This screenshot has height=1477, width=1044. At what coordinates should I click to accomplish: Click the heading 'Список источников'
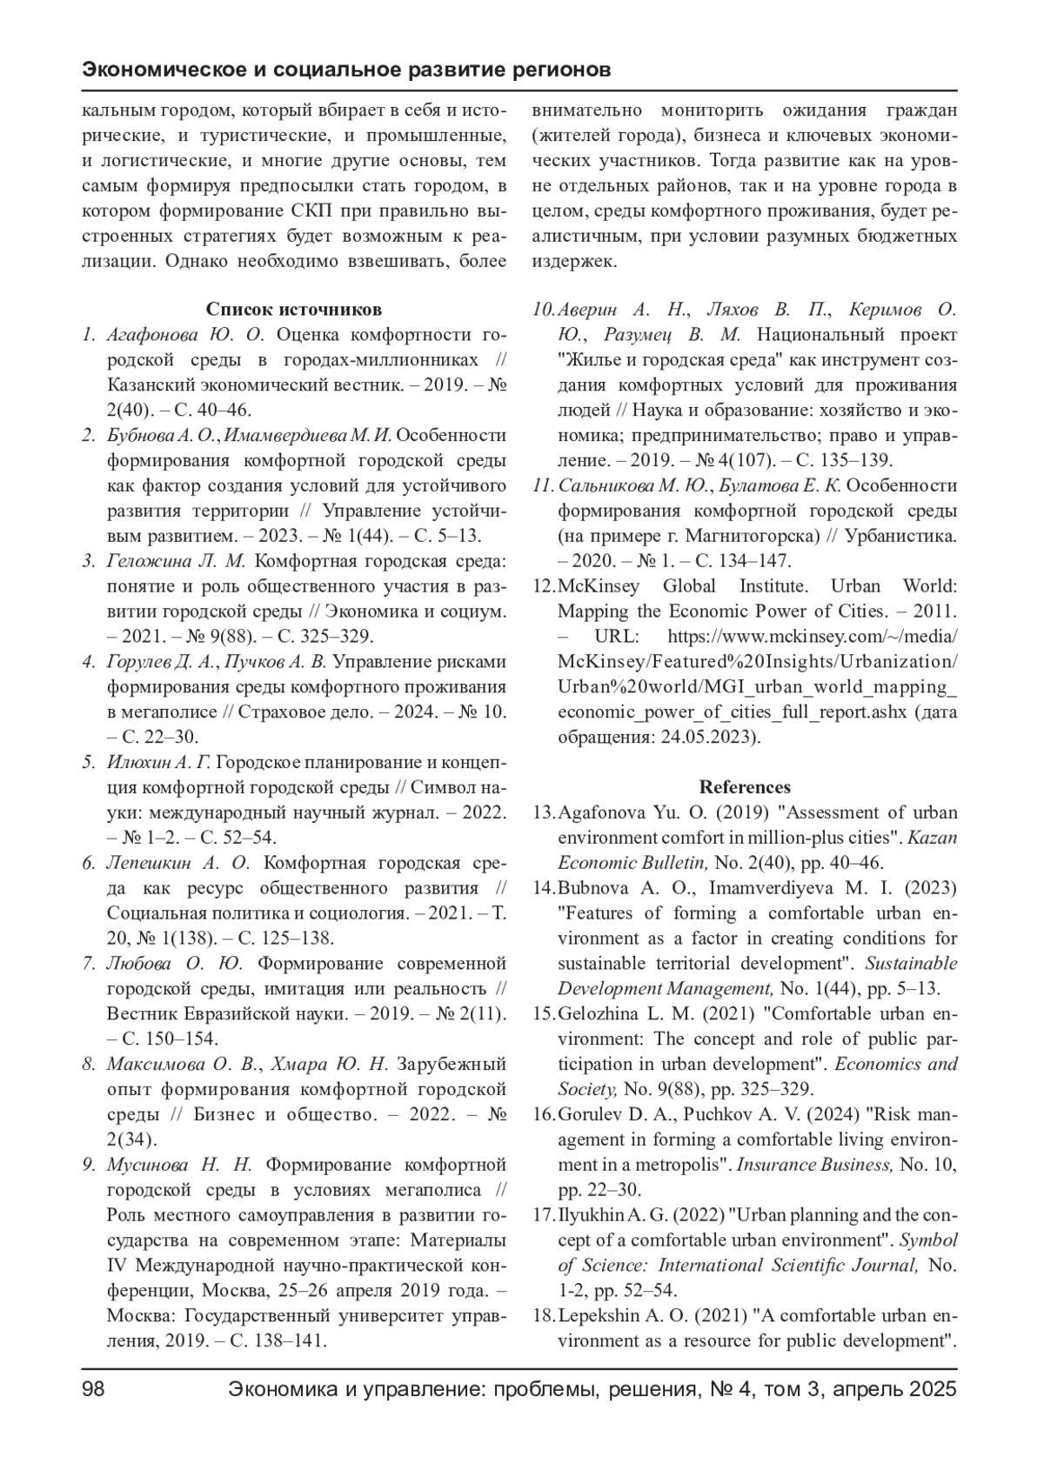tap(293, 310)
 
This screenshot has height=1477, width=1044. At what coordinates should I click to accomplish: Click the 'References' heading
tap(745, 787)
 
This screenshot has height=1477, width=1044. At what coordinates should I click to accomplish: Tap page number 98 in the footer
tap(93, 1389)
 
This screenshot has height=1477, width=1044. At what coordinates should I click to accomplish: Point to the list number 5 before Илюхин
tap(89, 763)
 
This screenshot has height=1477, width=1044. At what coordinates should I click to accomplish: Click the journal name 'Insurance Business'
tap(814, 1165)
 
